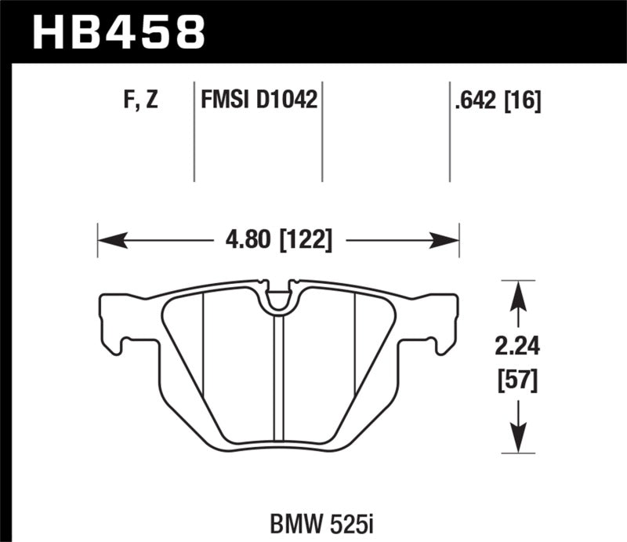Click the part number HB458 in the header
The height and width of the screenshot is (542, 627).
pyautogui.click(x=117, y=31)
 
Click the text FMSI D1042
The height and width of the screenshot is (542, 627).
pyautogui.click(x=259, y=100)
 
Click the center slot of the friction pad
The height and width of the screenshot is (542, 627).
pyautogui.click(x=278, y=376)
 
